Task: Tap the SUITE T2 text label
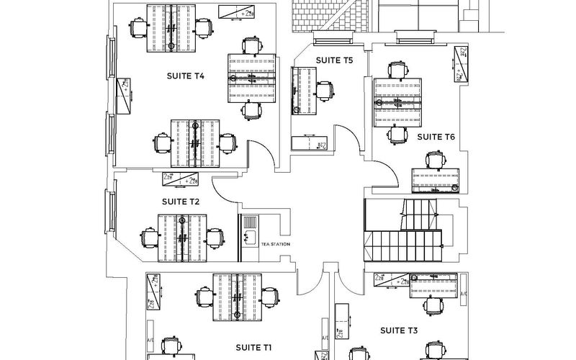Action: point(181,202)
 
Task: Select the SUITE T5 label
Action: point(334,61)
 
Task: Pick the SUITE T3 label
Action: point(399,330)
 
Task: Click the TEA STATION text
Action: point(275,245)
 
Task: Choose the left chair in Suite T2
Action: point(149,237)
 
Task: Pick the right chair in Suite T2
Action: point(214,237)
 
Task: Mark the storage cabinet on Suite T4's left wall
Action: point(124,94)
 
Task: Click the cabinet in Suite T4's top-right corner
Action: point(240,12)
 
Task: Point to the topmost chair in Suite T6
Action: point(396,70)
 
